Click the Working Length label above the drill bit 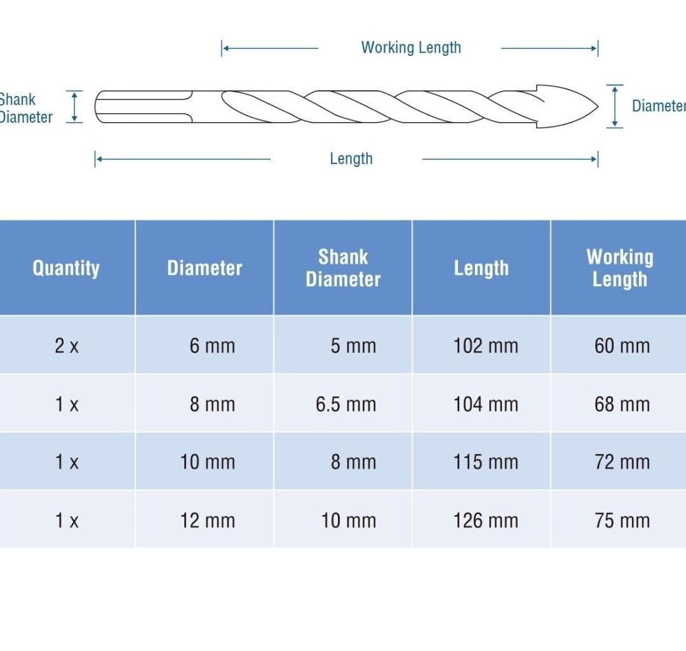411,48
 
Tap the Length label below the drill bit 351,158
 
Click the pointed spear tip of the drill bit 597,106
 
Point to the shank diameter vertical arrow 74,106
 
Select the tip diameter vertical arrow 615,106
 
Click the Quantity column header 66,268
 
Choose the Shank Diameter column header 343,268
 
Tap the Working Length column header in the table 620,268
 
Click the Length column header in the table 481,268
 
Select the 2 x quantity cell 67,346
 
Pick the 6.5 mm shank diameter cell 346,404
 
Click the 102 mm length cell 486,346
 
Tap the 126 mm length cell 486,521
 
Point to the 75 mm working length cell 622,521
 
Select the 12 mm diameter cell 207,521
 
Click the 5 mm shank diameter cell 353,346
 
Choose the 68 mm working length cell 622,404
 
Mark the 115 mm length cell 486,462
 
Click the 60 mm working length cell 622,346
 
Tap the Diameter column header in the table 205,268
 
